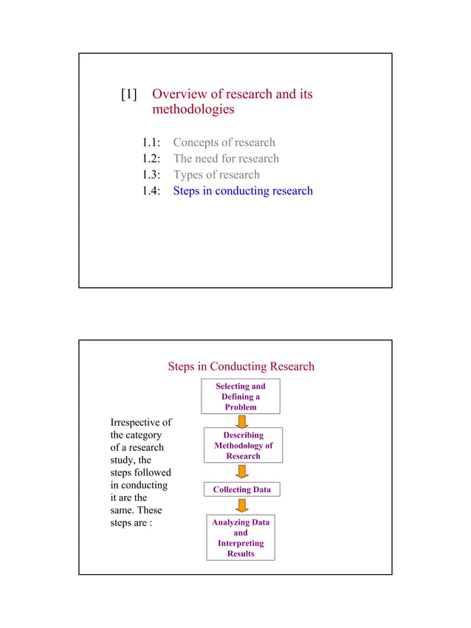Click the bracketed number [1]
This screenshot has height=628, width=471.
point(129,94)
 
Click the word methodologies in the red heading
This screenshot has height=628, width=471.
point(193,110)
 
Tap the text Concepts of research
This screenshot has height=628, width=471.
point(224,142)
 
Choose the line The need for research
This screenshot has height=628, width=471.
point(226,159)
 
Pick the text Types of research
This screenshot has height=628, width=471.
point(216,175)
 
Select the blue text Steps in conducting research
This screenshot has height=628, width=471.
point(243,191)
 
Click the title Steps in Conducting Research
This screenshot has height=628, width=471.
point(241,367)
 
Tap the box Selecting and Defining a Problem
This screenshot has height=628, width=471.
point(241,396)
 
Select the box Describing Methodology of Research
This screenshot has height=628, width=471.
point(243,445)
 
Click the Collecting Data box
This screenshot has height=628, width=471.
point(241,489)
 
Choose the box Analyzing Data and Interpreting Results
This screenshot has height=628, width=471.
point(241,538)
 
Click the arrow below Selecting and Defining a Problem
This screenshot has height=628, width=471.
point(241,421)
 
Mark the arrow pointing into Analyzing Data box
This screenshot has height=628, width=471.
point(241,505)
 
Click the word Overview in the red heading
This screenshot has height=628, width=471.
point(182,94)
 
